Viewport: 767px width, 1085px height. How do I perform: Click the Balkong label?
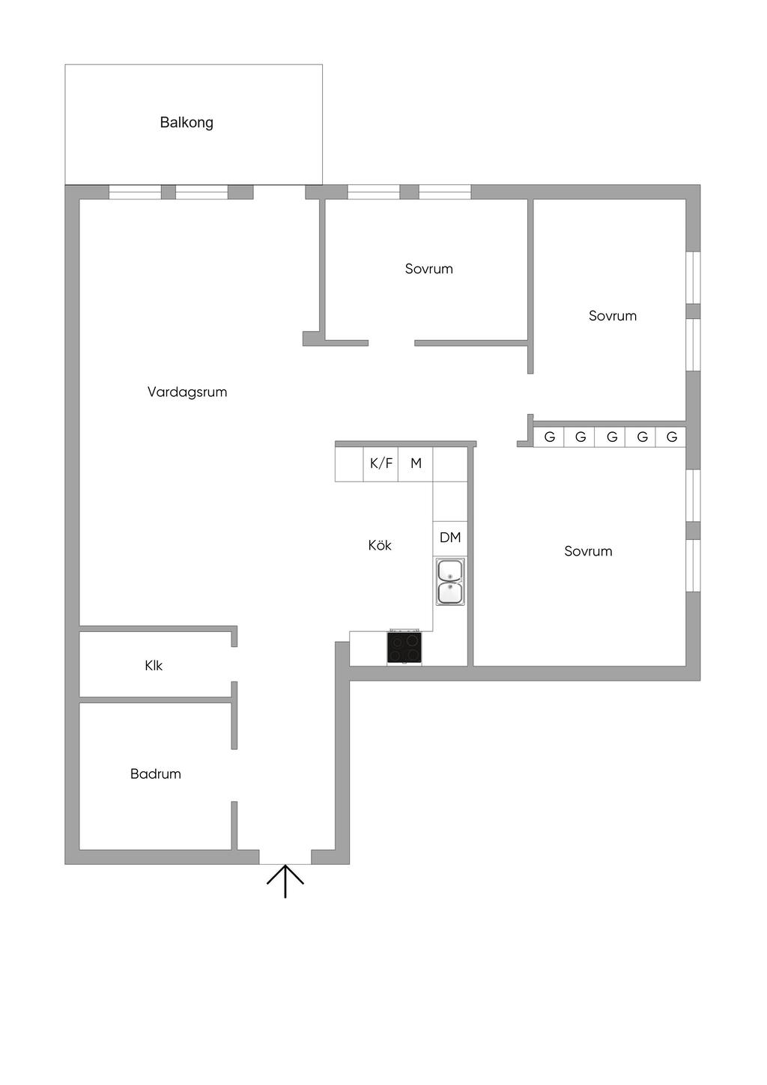tap(187, 122)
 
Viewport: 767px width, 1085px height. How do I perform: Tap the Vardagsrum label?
tap(187, 392)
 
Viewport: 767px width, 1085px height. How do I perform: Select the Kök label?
tap(380, 545)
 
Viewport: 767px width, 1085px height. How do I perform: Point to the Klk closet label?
tap(154, 665)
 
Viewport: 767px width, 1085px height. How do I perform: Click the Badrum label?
tap(156, 774)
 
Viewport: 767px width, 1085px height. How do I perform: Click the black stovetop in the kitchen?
tap(404, 647)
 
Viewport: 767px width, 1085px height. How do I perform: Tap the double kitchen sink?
tap(450, 582)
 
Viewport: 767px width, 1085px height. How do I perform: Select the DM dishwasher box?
tap(450, 538)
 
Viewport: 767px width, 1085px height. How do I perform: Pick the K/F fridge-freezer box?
tap(381, 464)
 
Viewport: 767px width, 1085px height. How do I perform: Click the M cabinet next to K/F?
tap(416, 464)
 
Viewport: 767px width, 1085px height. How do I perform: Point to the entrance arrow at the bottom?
tap(285, 881)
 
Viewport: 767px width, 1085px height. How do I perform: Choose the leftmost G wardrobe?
tap(549, 437)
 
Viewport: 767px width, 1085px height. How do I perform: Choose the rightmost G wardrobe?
tap(671, 437)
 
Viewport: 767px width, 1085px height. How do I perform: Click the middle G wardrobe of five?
tap(610, 437)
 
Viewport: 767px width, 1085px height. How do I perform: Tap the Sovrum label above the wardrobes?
tap(613, 315)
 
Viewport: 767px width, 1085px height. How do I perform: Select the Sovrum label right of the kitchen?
tap(588, 551)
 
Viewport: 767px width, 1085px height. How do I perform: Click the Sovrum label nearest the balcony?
tap(428, 268)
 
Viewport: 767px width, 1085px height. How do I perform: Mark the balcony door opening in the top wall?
tap(279, 192)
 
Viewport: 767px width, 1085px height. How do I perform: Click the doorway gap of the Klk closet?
tap(234, 663)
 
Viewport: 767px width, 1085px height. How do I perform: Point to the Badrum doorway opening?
tap(234, 775)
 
